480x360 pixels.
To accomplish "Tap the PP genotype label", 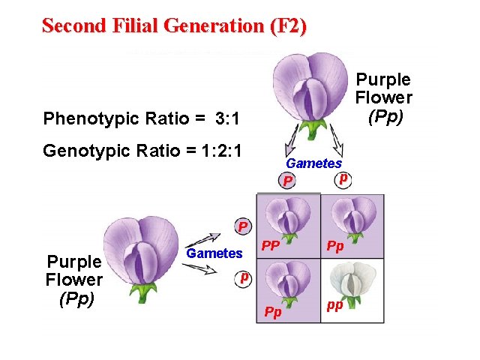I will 271,245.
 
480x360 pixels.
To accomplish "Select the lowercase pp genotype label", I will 334,306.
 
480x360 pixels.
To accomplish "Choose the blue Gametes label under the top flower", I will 313,163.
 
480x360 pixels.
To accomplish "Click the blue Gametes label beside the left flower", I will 214,253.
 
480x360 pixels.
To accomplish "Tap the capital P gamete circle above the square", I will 286,181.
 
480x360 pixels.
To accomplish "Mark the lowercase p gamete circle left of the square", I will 243,277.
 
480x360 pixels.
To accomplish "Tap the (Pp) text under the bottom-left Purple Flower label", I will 75,298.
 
